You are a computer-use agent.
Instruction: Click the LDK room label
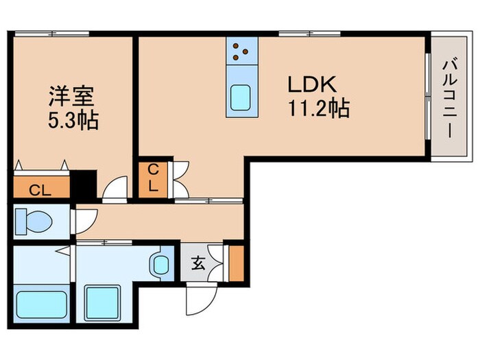pyautogui.click(x=311, y=86)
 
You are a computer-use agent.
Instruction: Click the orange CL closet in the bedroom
pyautogui.click(x=42, y=188)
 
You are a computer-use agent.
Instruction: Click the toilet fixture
pyautogui.click(x=34, y=222)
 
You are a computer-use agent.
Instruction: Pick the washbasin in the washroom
pyautogui.click(x=162, y=263)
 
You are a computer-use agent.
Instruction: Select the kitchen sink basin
pyautogui.click(x=241, y=97)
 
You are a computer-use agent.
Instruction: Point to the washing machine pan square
pyautogui.click(x=103, y=300)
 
